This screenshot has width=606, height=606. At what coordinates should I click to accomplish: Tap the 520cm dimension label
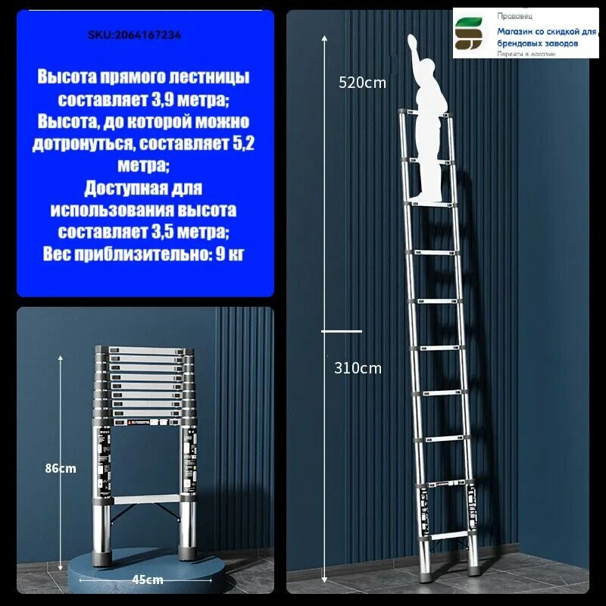click(x=361, y=83)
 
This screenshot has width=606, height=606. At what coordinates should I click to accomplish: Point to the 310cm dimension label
click(x=358, y=369)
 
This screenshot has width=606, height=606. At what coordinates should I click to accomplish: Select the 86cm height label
click(x=61, y=468)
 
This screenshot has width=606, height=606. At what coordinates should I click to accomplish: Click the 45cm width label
click(x=148, y=579)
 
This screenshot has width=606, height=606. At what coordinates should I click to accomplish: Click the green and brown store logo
click(x=472, y=34)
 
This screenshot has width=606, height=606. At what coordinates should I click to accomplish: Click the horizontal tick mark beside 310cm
click(x=342, y=331)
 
